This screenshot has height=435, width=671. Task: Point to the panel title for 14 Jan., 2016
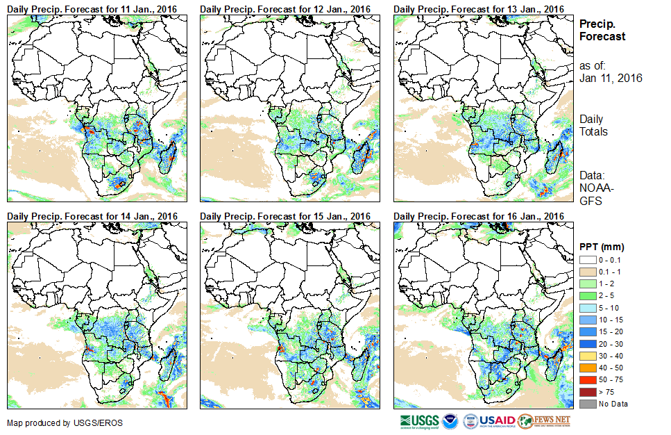tap(92, 216)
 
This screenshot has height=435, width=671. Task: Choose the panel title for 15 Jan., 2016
tap(285, 216)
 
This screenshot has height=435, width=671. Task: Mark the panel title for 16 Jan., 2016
tap(478, 216)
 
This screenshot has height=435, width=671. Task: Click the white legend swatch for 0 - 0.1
tap(587, 260)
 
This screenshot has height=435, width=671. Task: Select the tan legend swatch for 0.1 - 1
tap(587, 272)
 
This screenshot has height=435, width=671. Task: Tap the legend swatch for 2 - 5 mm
tap(587, 296)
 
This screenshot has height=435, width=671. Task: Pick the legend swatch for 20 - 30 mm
tap(587, 344)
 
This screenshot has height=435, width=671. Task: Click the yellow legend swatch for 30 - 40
tap(587, 356)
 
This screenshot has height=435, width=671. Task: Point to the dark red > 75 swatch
tap(587, 392)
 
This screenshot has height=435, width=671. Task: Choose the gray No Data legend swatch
tap(587, 404)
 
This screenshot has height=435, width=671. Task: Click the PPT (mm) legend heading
tap(602, 247)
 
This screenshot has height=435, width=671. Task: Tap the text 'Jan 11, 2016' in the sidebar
tap(611, 78)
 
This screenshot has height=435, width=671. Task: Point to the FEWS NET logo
tap(544, 420)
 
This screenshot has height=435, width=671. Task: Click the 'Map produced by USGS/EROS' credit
tap(49, 423)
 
